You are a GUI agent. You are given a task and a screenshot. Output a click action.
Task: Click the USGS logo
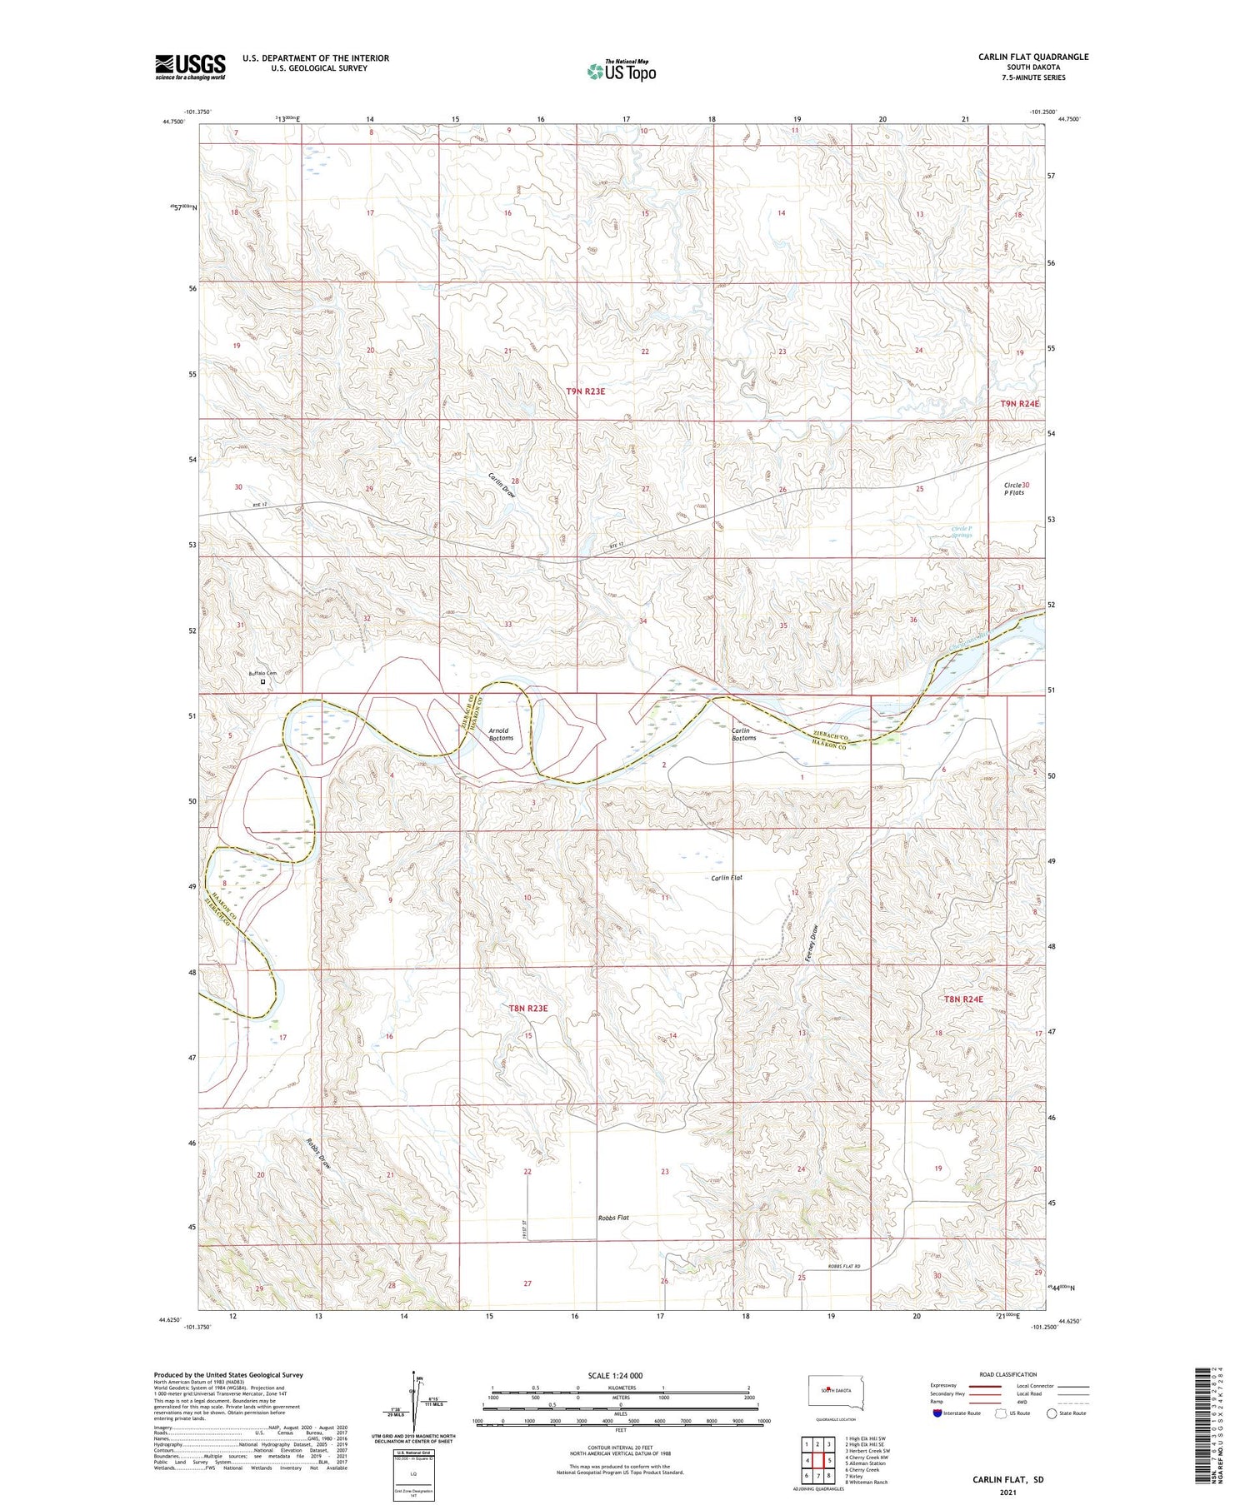(x=190, y=67)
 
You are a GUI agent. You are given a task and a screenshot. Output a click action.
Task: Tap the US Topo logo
(x=621, y=72)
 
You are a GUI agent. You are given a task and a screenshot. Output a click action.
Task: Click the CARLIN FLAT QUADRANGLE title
(x=1032, y=57)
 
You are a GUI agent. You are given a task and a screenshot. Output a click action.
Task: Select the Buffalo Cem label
(x=261, y=673)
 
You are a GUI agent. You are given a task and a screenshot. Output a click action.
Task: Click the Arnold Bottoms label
(x=501, y=734)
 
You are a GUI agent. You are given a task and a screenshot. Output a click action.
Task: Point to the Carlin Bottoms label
(x=743, y=734)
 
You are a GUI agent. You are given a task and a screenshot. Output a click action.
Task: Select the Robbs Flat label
(x=613, y=1218)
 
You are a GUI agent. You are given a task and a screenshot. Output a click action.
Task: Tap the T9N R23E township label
(x=586, y=391)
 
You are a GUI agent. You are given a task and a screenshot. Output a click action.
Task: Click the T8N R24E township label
(x=963, y=999)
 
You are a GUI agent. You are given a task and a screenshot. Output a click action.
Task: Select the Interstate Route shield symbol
(x=937, y=1413)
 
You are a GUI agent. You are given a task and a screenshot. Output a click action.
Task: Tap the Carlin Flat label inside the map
(x=726, y=877)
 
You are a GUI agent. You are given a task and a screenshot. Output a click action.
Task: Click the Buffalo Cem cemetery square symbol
(x=263, y=682)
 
